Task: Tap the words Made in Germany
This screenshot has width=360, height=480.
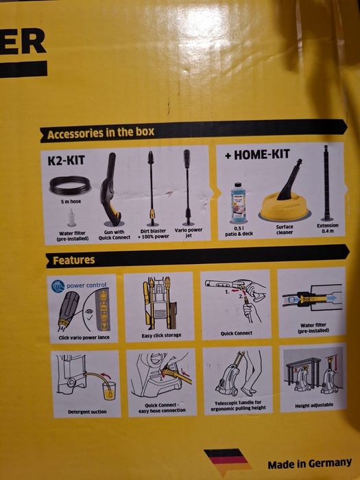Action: click(x=309, y=463)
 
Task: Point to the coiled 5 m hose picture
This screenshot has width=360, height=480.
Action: click(x=71, y=184)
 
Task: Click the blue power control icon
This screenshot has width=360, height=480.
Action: click(x=58, y=287)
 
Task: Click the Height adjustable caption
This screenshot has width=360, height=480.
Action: click(x=312, y=405)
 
